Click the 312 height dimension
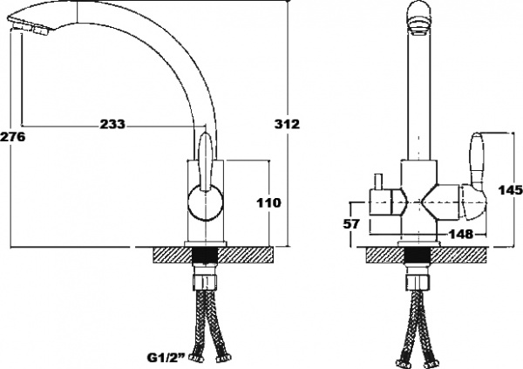[x=287, y=125]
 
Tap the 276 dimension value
[x=12, y=137]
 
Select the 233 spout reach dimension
[x=111, y=125]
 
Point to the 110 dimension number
[x=269, y=202]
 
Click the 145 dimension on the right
[x=510, y=190]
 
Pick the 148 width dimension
[x=460, y=233]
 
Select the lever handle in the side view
[x=206, y=161]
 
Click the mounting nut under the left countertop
[x=205, y=284]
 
